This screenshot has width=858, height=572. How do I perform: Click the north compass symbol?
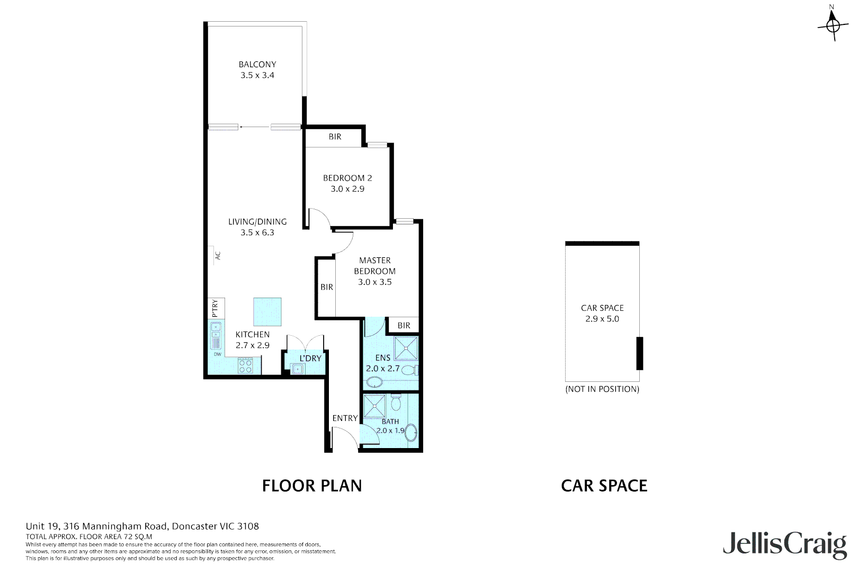click(x=833, y=24)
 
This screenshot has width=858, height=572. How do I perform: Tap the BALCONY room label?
click(x=257, y=64)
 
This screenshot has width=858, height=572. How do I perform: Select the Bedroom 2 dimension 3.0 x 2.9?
click(x=347, y=189)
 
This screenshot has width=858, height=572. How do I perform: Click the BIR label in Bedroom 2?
click(x=335, y=137)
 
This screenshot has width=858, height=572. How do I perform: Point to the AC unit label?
click(x=218, y=255)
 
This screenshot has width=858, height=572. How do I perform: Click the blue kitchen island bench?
click(x=267, y=311)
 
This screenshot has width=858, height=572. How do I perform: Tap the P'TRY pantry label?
click(x=215, y=308)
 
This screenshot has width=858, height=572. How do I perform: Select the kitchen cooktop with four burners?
click(x=245, y=366)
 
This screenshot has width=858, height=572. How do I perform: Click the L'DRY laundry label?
click(x=310, y=359)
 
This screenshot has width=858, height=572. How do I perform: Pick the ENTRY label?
click(x=345, y=418)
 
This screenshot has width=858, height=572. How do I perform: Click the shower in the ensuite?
click(x=406, y=348)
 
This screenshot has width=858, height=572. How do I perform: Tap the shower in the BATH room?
click(x=375, y=406)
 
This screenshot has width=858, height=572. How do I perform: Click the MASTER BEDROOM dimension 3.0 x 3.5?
click(x=375, y=282)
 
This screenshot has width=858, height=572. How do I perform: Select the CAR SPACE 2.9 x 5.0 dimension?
click(x=602, y=319)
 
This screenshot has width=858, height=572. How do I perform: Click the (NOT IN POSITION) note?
click(x=602, y=389)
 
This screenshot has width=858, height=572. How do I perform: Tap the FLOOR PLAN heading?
click(x=312, y=486)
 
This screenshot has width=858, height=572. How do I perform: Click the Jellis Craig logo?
click(x=785, y=544)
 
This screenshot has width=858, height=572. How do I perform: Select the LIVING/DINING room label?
click(x=257, y=222)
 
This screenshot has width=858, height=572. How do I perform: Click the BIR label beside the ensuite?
click(x=404, y=326)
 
